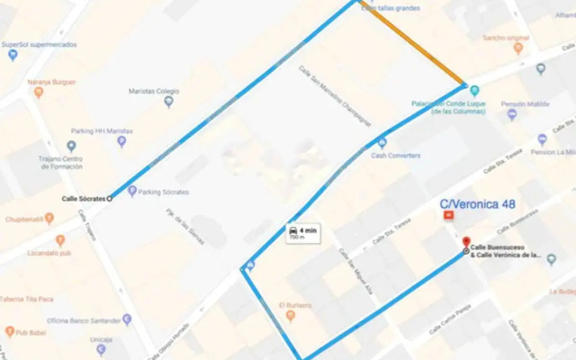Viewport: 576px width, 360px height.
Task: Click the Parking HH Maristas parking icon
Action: click(121, 141)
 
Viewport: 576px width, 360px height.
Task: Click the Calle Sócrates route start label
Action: click(83, 197)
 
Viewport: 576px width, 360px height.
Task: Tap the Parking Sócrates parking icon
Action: click(132, 191)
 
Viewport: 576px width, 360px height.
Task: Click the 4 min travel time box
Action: click(303, 234)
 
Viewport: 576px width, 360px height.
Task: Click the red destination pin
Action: click(466, 243)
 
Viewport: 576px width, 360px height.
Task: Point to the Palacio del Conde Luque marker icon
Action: click(475, 91)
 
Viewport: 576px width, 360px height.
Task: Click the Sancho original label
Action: click(504, 38)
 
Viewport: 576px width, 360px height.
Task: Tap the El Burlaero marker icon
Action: click(290, 315)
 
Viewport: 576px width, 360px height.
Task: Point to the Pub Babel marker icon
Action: click(10, 331)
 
